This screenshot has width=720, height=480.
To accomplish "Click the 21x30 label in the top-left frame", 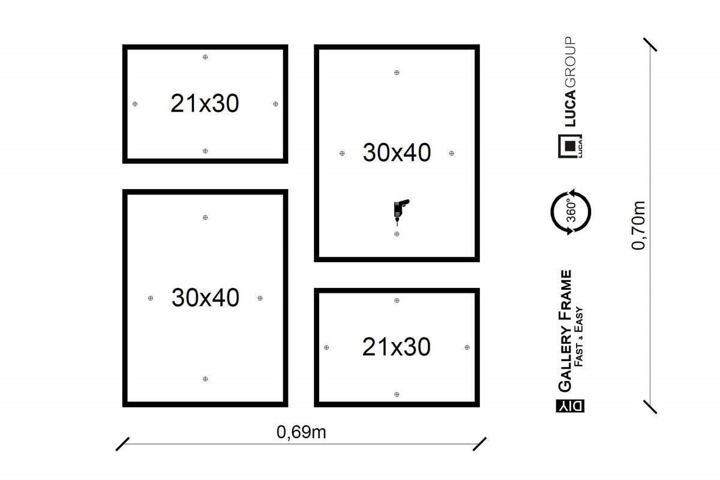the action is tap(205, 104).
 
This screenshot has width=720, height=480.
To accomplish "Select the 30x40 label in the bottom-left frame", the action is tap(205, 298).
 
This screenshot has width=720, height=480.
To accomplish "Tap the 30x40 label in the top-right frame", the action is tap(397, 152).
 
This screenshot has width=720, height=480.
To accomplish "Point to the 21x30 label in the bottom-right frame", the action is tap(397, 347).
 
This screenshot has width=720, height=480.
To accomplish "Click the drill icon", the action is tap(401, 212).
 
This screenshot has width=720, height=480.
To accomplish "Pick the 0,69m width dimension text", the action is tap(301, 432).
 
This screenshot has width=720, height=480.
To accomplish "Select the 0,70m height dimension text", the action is tap(638, 226).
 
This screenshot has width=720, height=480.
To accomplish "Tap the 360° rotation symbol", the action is tap(571, 212).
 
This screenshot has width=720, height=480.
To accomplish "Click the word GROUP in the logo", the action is tap(570, 62).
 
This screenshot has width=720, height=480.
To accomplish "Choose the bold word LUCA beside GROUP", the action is tap(570, 109).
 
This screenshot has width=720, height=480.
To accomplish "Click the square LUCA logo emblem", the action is tap(570, 146).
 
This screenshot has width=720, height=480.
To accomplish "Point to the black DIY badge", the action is tap(570, 406).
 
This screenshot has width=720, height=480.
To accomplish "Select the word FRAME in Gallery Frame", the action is tap(565, 295).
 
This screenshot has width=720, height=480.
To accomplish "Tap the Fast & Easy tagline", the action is tap(578, 337).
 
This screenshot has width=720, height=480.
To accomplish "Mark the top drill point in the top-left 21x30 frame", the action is tap(205, 57).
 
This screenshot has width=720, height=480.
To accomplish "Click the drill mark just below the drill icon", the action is tap(397, 234).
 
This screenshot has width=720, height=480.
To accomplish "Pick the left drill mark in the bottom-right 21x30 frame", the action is tap(326, 347).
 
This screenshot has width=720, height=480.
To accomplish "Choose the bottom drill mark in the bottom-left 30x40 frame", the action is tap(205, 379).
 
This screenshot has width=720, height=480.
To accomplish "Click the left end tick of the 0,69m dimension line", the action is tap(122, 444).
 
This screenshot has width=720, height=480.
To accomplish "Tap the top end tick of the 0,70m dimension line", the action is tap(650, 44).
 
